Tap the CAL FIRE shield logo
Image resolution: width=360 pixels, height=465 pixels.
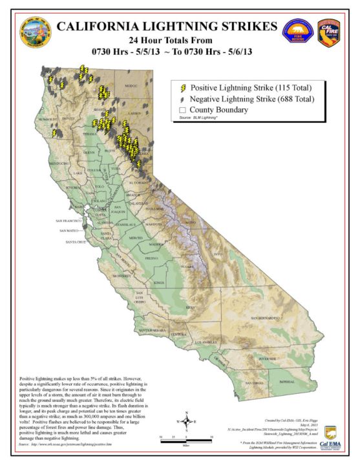click(x=328, y=34)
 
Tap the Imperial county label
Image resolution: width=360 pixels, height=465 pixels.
click(x=286, y=382)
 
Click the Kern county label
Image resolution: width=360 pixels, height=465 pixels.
click(x=190, y=307)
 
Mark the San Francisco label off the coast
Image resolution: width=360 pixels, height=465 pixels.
click(x=70, y=222)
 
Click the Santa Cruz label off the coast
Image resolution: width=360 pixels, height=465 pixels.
click(x=76, y=242)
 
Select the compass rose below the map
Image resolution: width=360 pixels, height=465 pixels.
click(x=187, y=421)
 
